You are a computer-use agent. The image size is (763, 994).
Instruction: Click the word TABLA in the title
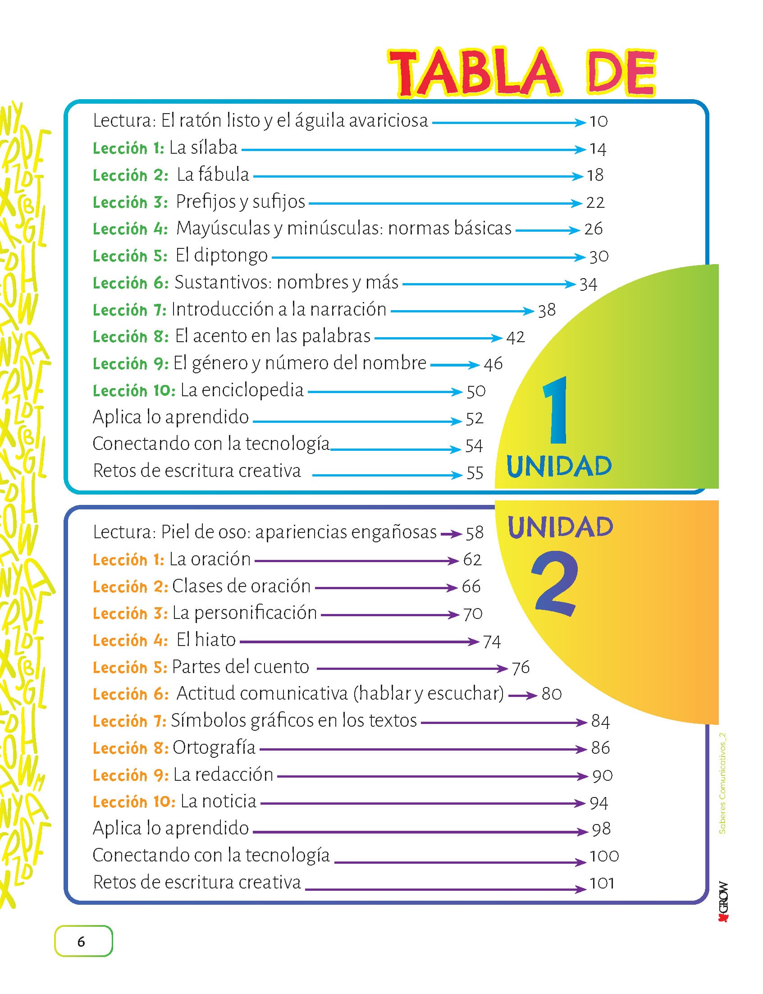pos(475,73)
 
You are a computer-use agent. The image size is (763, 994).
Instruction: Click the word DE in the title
pos(622,73)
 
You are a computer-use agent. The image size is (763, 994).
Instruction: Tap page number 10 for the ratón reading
pos(598,121)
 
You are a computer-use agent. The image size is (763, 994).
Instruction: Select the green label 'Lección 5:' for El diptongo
pos(130,256)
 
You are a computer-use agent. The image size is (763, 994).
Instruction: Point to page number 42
pos(516,337)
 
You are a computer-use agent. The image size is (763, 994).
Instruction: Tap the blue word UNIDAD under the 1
pos(559,467)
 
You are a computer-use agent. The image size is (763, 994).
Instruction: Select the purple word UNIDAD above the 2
pos(561,527)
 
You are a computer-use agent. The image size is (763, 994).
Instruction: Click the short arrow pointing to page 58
pos(451,534)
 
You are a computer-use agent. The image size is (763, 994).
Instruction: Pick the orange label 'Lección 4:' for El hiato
pos(130,641)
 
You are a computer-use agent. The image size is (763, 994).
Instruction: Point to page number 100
pos(604,857)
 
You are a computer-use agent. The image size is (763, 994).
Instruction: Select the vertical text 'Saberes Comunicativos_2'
pos(722,783)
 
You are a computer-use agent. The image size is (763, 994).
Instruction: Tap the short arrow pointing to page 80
pos(523,696)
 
